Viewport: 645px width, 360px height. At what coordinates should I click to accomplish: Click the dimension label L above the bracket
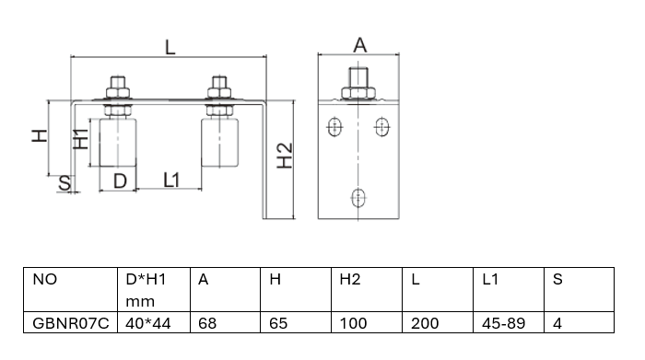[170, 47]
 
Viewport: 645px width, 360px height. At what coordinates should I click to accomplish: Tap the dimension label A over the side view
[360, 45]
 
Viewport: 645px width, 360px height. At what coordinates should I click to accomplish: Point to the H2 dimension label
[284, 156]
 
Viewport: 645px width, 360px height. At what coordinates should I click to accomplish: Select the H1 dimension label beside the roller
[81, 138]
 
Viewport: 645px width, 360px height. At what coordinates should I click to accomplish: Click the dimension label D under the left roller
[120, 181]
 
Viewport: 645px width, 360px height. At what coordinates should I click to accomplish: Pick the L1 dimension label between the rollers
[171, 180]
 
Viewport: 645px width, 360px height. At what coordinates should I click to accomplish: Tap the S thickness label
[64, 183]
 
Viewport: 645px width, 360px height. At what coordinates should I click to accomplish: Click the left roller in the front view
[118, 143]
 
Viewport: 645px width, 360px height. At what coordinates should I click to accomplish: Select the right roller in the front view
[219, 142]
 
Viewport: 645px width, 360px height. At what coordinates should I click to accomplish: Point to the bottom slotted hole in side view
[358, 198]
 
